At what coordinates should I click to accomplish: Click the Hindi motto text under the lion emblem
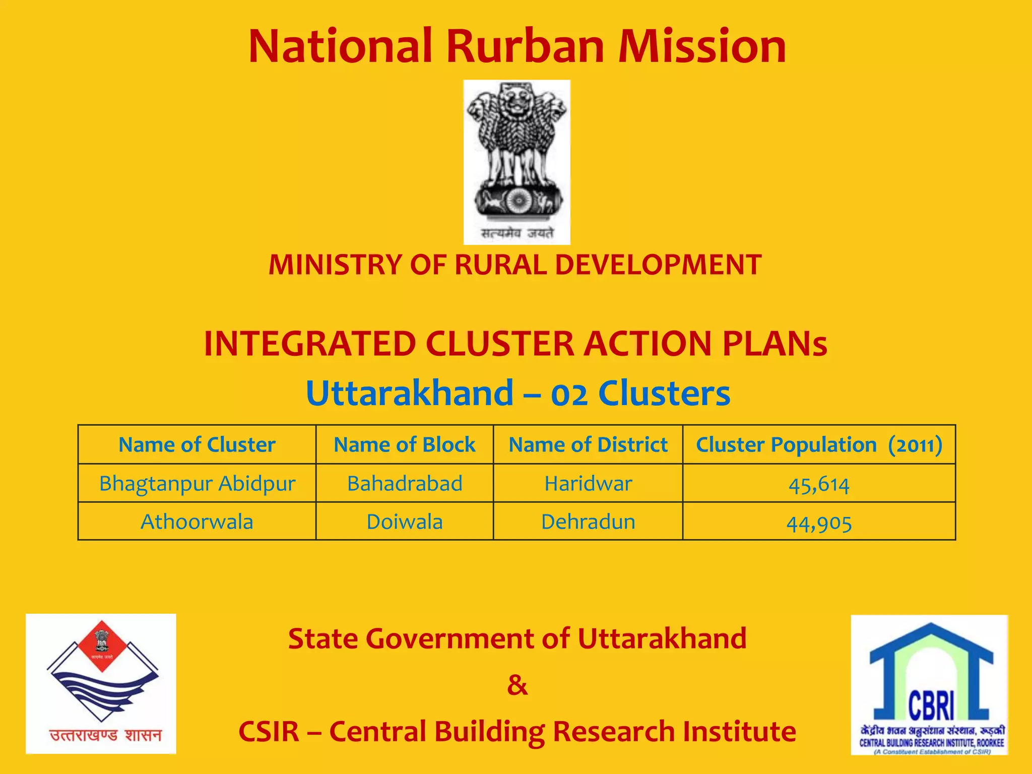pyautogui.click(x=517, y=233)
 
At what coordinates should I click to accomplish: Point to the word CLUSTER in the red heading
pyautogui.click(x=500, y=344)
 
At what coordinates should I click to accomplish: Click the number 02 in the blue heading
pyautogui.click(x=569, y=394)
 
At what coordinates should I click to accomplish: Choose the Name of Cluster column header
pyautogui.click(x=197, y=445)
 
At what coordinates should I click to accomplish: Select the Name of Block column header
pyautogui.click(x=404, y=445)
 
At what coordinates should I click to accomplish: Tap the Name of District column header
pyautogui.click(x=588, y=445)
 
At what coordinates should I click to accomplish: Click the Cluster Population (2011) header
pyautogui.click(x=819, y=445)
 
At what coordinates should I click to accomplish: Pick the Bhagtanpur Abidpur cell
pyautogui.click(x=197, y=484)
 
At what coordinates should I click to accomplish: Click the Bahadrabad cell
pyautogui.click(x=405, y=484)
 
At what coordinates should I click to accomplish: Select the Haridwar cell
pyautogui.click(x=588, y=484)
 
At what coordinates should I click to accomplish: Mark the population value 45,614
pyautogui.click(x=819, y=485)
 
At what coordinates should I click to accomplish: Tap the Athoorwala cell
pyautogui.click(x=197, y=522)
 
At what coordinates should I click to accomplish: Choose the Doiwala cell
pyautogui.click(x=405, y=522)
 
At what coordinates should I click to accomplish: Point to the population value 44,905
pyautogui.click(x=819, y=523)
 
